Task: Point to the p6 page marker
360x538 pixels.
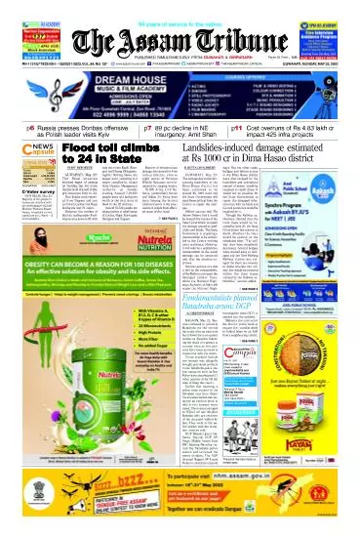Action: (14, 127)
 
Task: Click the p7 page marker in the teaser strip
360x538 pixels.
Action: (148, 127)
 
